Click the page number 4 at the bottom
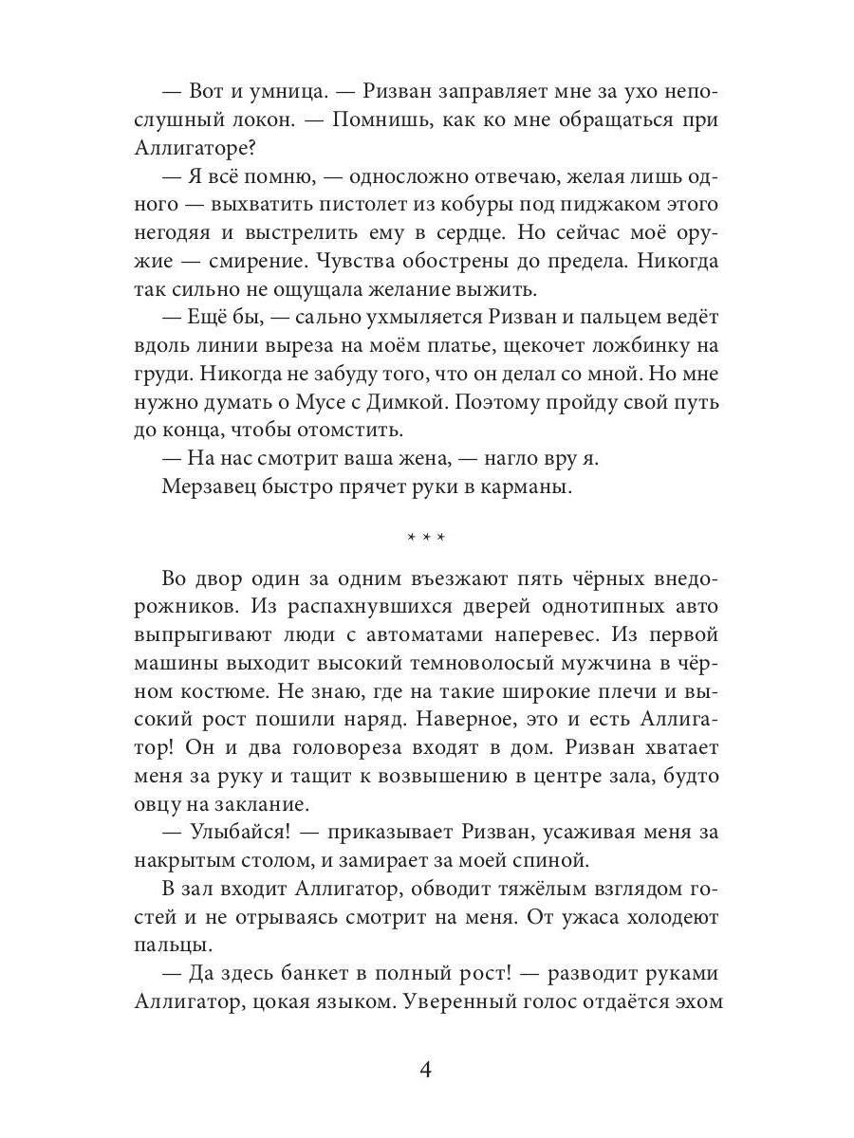(x=426, y=1071)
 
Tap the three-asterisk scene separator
(x=426, y=538)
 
